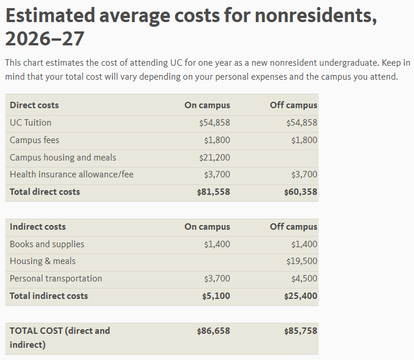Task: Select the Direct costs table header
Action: tap(34, 105)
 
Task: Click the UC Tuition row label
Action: tap(30, 123)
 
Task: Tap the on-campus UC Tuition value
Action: tap(215, 123)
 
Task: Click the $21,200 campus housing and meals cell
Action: tap(215, 158)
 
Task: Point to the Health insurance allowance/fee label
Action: tap(72, 174)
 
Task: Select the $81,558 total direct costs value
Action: tap(213, 192)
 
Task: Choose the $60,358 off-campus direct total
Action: tap(301, 192)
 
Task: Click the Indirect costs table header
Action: tap(38, 227)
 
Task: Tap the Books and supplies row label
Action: tap(47, 244)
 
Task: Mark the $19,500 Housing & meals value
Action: tap(302, 261)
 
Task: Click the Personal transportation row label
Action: tap(56, 279)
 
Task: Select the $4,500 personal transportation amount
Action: tap(304, 279)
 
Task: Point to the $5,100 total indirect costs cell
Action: tap(216, 296)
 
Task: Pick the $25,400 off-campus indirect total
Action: tap(301, 296)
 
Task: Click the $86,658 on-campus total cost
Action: tap(213, 331)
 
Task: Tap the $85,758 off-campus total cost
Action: tap(301, 331)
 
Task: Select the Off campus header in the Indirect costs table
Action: tap(294, 227)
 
